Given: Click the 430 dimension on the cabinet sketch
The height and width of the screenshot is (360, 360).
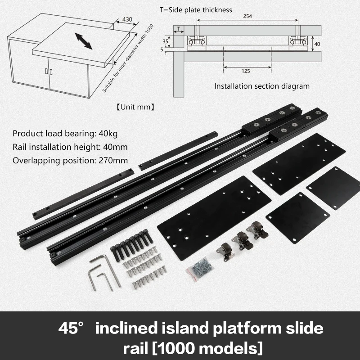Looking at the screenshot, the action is (x=127, y=19).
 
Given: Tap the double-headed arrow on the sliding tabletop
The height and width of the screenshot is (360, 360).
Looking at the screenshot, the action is (x=84, y=41).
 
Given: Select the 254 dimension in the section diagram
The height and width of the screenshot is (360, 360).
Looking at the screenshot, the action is (x=247, y=16).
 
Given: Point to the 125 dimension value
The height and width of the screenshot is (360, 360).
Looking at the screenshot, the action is (x=245, y=71).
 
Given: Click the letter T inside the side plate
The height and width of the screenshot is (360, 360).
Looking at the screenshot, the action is (x=179, y=29).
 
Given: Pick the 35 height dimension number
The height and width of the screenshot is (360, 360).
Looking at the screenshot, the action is (x=165, y=41).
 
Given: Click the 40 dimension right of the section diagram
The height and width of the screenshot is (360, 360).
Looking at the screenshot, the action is (x=317, y=44).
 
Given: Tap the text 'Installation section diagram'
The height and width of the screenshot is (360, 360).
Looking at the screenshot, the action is (x=262, y=86).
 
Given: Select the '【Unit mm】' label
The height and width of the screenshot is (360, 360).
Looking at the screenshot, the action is (x=136, y=107).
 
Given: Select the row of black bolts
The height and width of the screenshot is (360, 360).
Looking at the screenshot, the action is (x=131, y=244).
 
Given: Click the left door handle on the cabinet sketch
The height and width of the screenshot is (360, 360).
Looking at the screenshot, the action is (x=46, y=72).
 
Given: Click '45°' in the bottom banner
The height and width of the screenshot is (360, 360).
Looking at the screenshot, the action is (x=70, y=328).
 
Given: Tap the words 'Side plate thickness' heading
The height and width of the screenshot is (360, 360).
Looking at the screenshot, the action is (x=200, y=10).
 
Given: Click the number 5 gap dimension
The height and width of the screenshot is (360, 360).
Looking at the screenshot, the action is (x=162, y=49).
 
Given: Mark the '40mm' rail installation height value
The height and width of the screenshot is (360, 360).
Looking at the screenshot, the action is (x=115, y=147).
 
